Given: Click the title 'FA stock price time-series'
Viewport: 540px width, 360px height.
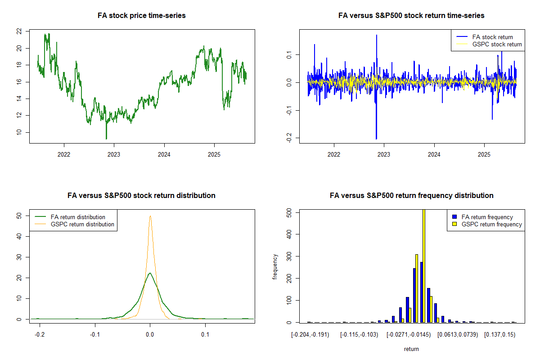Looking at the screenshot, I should click(142, 16).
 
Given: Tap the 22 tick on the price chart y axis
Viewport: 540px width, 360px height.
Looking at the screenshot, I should click(19, 31).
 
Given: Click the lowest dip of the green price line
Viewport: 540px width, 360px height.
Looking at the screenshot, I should click(106, 139).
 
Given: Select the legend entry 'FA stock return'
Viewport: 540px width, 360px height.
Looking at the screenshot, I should click(492, 37).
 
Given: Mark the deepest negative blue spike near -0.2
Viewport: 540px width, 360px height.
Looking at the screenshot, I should click(376, 139).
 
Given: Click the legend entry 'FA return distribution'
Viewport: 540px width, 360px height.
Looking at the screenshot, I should click(78, 217).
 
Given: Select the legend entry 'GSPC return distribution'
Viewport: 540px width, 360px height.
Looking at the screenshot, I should click(82, 224).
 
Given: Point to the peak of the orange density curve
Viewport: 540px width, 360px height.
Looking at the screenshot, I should click(150, 216).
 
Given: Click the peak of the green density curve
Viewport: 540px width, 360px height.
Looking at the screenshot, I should click(150, 273).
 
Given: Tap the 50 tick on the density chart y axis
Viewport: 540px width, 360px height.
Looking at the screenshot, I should click(19, 216).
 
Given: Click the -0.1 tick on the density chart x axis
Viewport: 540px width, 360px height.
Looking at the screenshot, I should click(94, 334).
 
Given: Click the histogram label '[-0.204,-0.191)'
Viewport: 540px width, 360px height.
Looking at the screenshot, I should click(310, 335).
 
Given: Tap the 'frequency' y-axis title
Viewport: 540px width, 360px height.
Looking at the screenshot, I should click(275, 266).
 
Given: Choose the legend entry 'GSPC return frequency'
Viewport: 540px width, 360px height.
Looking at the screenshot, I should click(492, 224).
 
